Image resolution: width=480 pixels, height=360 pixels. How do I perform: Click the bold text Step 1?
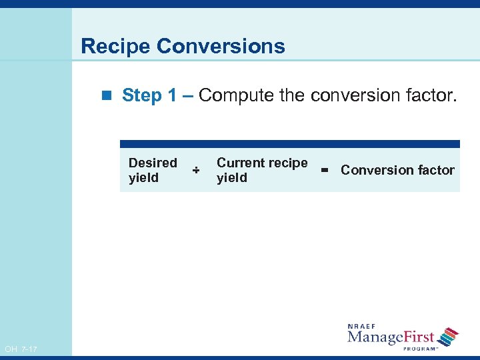150,95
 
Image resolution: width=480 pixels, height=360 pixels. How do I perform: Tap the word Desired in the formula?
153,163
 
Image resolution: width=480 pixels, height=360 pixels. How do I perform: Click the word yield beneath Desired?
143,178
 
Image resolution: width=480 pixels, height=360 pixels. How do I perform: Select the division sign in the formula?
196,171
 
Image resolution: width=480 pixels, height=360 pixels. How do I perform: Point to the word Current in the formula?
239,163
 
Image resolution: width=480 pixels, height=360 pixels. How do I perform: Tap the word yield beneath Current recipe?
232,178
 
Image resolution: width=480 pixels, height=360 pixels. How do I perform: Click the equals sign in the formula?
325,171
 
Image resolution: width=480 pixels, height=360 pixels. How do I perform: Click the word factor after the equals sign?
435,170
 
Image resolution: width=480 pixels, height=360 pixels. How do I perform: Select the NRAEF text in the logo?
362,326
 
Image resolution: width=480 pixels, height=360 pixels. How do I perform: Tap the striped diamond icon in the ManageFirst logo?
450,336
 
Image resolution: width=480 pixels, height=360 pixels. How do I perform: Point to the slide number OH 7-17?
21,349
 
